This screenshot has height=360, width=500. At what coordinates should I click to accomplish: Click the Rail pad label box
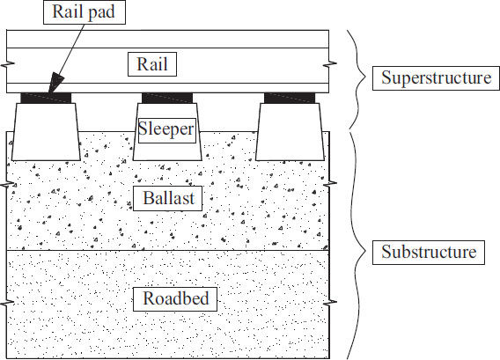[x=85, y=12]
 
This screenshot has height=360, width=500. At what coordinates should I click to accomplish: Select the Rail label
[x=152, y=64]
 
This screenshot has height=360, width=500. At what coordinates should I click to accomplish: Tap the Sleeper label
[x=166, y=130]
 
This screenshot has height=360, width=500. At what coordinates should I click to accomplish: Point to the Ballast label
[x=168, y=198]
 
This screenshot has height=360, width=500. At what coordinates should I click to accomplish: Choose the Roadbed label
[x=175, y=298]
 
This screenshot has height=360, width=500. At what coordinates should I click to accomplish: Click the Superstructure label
[x=436, y=78]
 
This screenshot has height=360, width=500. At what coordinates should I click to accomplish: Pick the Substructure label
[x=429, y=253]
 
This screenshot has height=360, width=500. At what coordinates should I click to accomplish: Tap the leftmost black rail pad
[x=46, y=98]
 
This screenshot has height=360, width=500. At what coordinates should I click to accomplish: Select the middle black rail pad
[x=167, y=98]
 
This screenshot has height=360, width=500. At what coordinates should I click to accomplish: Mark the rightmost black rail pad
[x=290, y=98]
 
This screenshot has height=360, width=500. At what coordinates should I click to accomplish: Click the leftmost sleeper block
[x=46, y=131]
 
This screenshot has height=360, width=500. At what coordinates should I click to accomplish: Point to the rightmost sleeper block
[x=290, y=131]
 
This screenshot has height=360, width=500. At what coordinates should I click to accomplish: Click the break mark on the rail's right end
[x=330, y=65]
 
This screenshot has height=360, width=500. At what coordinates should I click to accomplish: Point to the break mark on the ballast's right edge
[x=330, y=184]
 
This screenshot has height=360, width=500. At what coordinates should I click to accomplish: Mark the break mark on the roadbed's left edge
[x=7, y=302]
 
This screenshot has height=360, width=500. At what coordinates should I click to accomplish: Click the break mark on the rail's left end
[x=7, y=65]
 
